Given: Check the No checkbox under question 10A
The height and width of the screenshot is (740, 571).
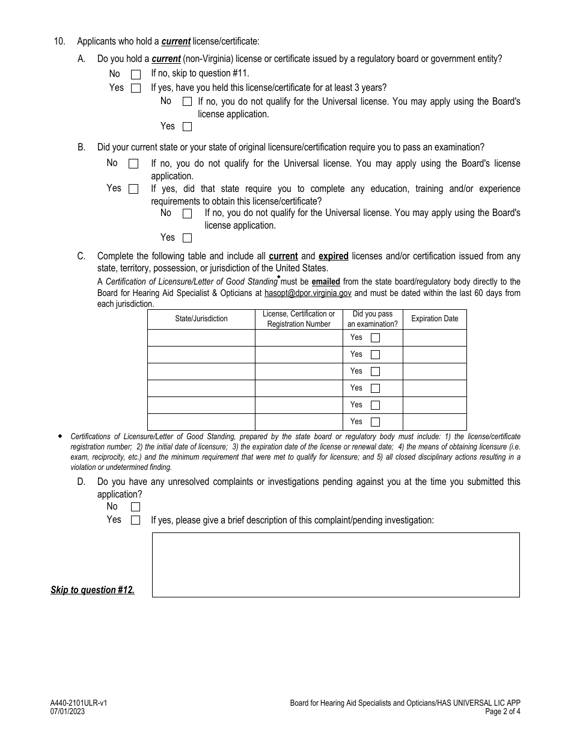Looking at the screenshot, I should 136,75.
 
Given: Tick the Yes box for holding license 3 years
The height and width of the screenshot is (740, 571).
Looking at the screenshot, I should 187,127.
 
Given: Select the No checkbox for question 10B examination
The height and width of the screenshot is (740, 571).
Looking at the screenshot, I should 133,164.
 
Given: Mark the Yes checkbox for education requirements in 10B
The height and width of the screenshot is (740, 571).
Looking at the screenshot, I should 187,238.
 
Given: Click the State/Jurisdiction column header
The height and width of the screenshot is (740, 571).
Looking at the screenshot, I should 201,319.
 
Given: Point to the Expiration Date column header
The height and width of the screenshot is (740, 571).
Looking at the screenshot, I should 435,319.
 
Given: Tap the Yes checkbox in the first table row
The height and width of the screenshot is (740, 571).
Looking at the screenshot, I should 375,338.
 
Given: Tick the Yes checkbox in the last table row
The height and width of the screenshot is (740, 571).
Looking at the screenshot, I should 375,422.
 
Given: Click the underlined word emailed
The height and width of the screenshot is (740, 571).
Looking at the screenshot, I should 326,282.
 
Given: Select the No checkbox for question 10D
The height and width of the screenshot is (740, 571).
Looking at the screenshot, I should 135,507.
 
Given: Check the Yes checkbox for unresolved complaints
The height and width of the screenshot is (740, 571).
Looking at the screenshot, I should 135,520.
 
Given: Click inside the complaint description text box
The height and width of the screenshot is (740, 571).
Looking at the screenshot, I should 335,564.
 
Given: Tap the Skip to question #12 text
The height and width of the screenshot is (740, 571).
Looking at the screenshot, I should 93,590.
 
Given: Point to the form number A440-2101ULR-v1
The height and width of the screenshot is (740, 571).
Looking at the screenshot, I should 79,703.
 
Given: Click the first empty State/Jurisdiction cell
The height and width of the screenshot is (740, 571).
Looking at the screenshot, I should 201,338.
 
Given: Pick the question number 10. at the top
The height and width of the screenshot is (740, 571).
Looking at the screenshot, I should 59,42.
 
